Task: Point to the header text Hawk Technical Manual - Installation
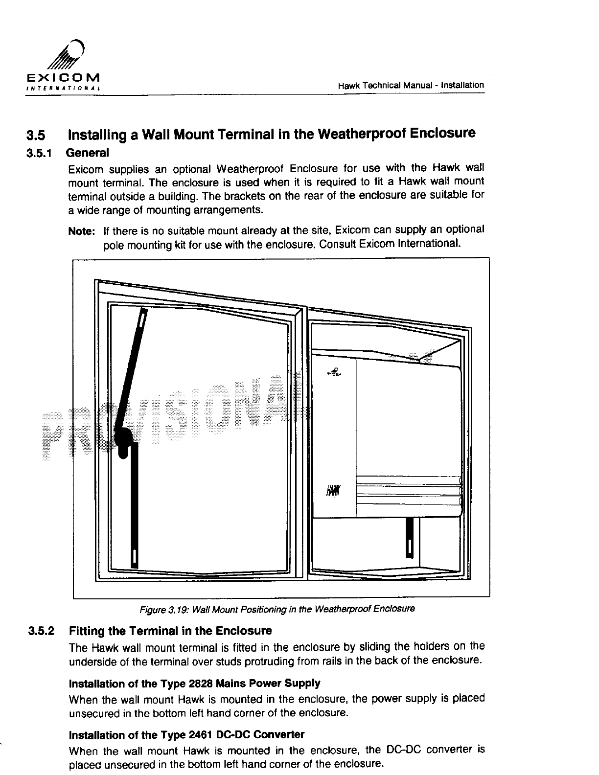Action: tap(411, 86)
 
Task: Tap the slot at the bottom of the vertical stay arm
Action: tap(134, 556)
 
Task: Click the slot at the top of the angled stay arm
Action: tap(142, 319)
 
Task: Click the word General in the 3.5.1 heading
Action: tap(87, 153)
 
